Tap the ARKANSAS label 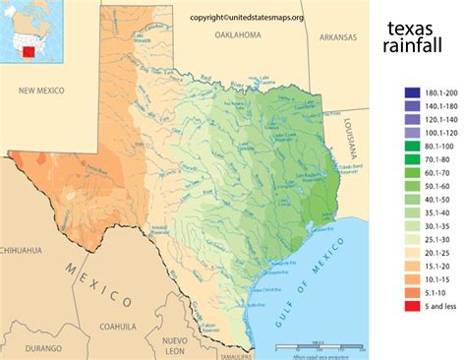pos(337,39)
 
